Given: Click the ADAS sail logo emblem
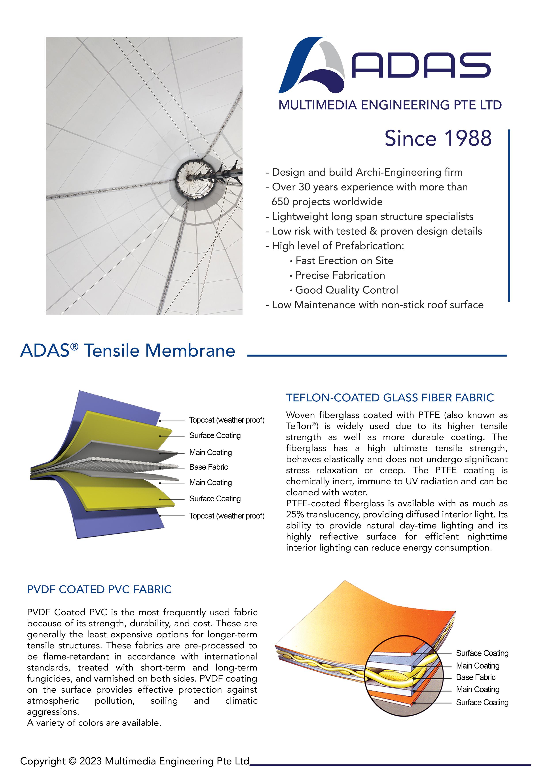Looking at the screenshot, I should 312,66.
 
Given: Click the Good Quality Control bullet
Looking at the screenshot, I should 347,290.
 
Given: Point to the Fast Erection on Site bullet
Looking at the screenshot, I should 344,261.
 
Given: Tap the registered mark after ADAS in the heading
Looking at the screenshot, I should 75,346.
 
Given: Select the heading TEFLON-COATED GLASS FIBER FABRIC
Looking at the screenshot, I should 390,398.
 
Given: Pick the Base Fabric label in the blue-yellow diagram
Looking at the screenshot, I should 209,467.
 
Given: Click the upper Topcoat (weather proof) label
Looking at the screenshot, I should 226,420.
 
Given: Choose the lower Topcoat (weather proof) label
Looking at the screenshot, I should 226,516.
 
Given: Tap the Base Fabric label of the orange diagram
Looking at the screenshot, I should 476,677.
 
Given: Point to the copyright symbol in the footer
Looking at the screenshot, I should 72,761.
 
